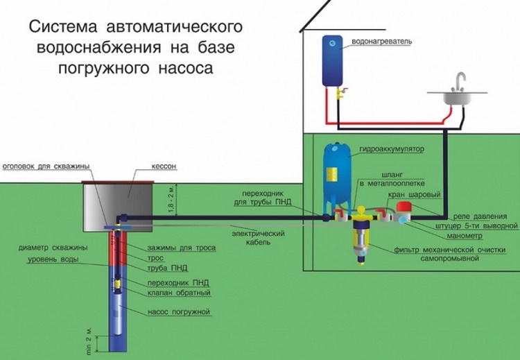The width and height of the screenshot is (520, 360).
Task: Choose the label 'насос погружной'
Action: point(178,313)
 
